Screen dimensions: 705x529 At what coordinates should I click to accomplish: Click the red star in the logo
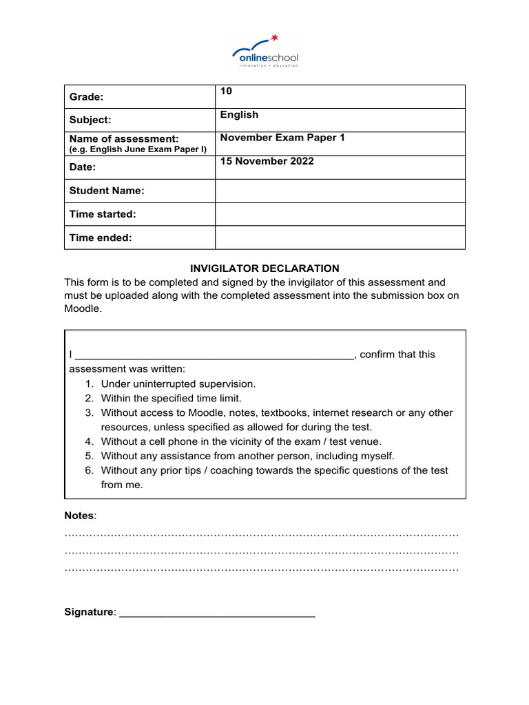pos(275,37)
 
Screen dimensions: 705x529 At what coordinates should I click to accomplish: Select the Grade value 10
pos(226,92)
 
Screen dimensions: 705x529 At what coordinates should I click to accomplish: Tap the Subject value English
pos(239,115)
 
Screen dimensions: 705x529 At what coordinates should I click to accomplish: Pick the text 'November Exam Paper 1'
pos(282,138)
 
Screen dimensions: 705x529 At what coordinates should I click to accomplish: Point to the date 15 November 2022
pos(267,161)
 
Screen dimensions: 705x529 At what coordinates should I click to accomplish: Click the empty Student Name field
pos(340,191)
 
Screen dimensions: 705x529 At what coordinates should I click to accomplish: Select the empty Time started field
pos(340,214)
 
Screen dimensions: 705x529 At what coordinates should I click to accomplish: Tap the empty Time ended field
pos(340,238)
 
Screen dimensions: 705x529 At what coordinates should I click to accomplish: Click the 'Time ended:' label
pos(101,238)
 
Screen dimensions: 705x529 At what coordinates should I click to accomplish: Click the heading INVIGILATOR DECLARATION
pos(264,269)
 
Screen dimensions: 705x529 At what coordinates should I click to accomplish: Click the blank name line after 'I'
pos(214,355)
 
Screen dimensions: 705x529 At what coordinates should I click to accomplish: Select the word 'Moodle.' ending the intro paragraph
pos(83,310)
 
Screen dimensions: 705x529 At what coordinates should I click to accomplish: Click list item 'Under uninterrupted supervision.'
pos(178,384)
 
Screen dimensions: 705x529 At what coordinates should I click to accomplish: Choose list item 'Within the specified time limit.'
pos(172,399)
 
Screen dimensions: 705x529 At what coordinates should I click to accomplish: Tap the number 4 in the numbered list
pos(89,442)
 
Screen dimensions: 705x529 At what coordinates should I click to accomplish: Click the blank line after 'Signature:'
pos(217,613)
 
